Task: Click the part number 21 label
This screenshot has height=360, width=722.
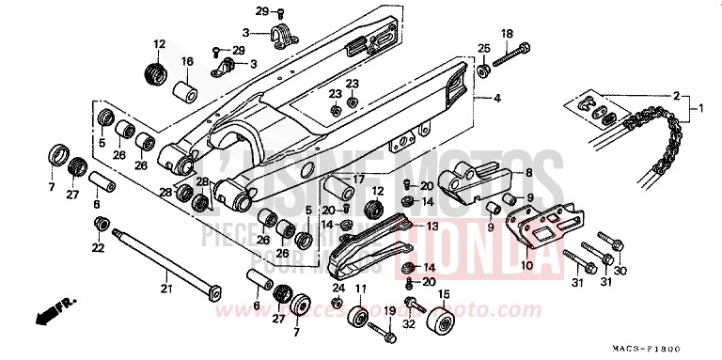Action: coord(165,288)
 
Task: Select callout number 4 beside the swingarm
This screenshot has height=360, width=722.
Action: coord(497,98)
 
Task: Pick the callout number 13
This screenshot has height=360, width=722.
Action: coord(432,227)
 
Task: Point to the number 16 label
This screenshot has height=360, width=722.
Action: coord(187,62)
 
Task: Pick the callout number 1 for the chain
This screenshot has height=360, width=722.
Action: coord(698,109)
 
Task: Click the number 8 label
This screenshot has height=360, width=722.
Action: coord(529,173)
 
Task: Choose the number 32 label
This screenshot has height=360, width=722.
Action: coord(408,324)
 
